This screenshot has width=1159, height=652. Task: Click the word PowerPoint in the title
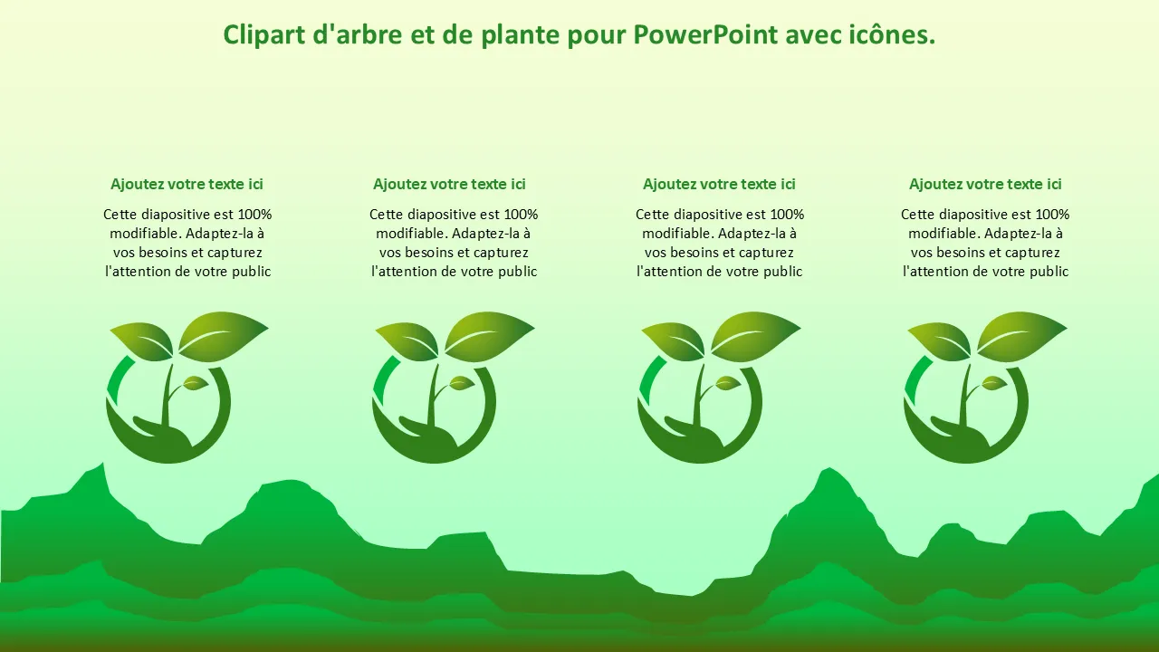[x=705, y=34]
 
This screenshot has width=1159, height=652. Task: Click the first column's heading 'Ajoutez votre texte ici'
[x=187, y=184]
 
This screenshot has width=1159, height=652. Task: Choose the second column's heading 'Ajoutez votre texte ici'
[x=449, y=184]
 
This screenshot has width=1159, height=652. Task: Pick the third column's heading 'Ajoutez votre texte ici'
[x=719, y=184]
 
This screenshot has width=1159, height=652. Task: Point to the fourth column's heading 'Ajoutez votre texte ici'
[x=985, y=184]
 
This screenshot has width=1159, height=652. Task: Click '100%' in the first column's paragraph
[x=254, y=215]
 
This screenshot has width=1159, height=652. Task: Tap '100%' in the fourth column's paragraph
[x=1052, y=215]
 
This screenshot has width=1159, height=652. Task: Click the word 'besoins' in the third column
[x=700, y=253]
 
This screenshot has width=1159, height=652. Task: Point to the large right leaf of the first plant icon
[x=223, y=336]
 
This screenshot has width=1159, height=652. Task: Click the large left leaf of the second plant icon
[x=408, y=340]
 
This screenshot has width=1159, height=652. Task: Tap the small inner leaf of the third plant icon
[x=726, y=383]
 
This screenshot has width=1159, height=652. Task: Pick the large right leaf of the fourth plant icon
[x=1021, y=336]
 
